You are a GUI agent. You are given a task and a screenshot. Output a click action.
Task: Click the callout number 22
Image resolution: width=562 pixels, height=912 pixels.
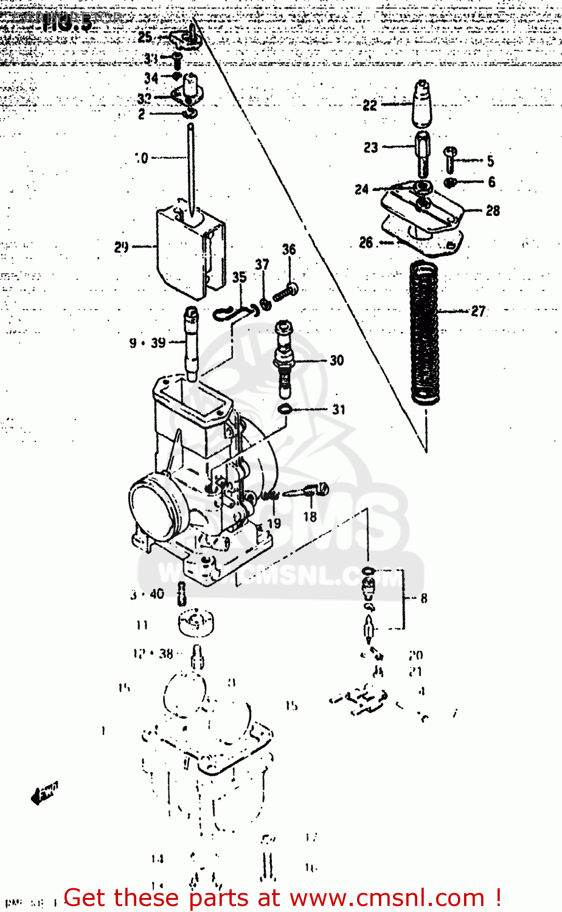pos(370,105)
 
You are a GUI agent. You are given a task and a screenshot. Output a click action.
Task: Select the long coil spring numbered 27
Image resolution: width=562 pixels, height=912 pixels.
pos(424,331)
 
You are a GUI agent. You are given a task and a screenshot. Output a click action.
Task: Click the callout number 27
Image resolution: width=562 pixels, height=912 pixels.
pos(478,311)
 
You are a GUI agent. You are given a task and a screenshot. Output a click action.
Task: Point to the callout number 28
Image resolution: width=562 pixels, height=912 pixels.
pos(493,211)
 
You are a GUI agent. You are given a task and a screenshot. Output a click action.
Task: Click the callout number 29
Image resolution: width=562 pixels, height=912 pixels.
pos(122,247)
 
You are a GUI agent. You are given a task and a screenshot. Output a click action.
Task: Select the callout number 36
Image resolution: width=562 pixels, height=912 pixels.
pos(289,249)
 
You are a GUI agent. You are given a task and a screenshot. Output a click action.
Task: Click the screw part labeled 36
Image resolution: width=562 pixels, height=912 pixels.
pos(285,294)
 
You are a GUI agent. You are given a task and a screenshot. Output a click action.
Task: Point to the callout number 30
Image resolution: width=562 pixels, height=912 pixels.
pos(337,361)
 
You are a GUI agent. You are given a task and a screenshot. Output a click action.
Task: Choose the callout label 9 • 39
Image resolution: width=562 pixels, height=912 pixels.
pos(147,343)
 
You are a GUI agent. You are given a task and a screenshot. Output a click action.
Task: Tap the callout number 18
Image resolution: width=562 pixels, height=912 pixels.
pos(310,517)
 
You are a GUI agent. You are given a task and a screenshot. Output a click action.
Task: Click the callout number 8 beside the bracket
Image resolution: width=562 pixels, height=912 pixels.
pos(424,598)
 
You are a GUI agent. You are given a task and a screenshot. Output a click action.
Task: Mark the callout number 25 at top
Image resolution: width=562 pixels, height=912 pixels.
pos(145,37)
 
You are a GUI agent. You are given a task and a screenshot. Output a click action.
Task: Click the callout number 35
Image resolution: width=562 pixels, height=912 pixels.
pos(239,277)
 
